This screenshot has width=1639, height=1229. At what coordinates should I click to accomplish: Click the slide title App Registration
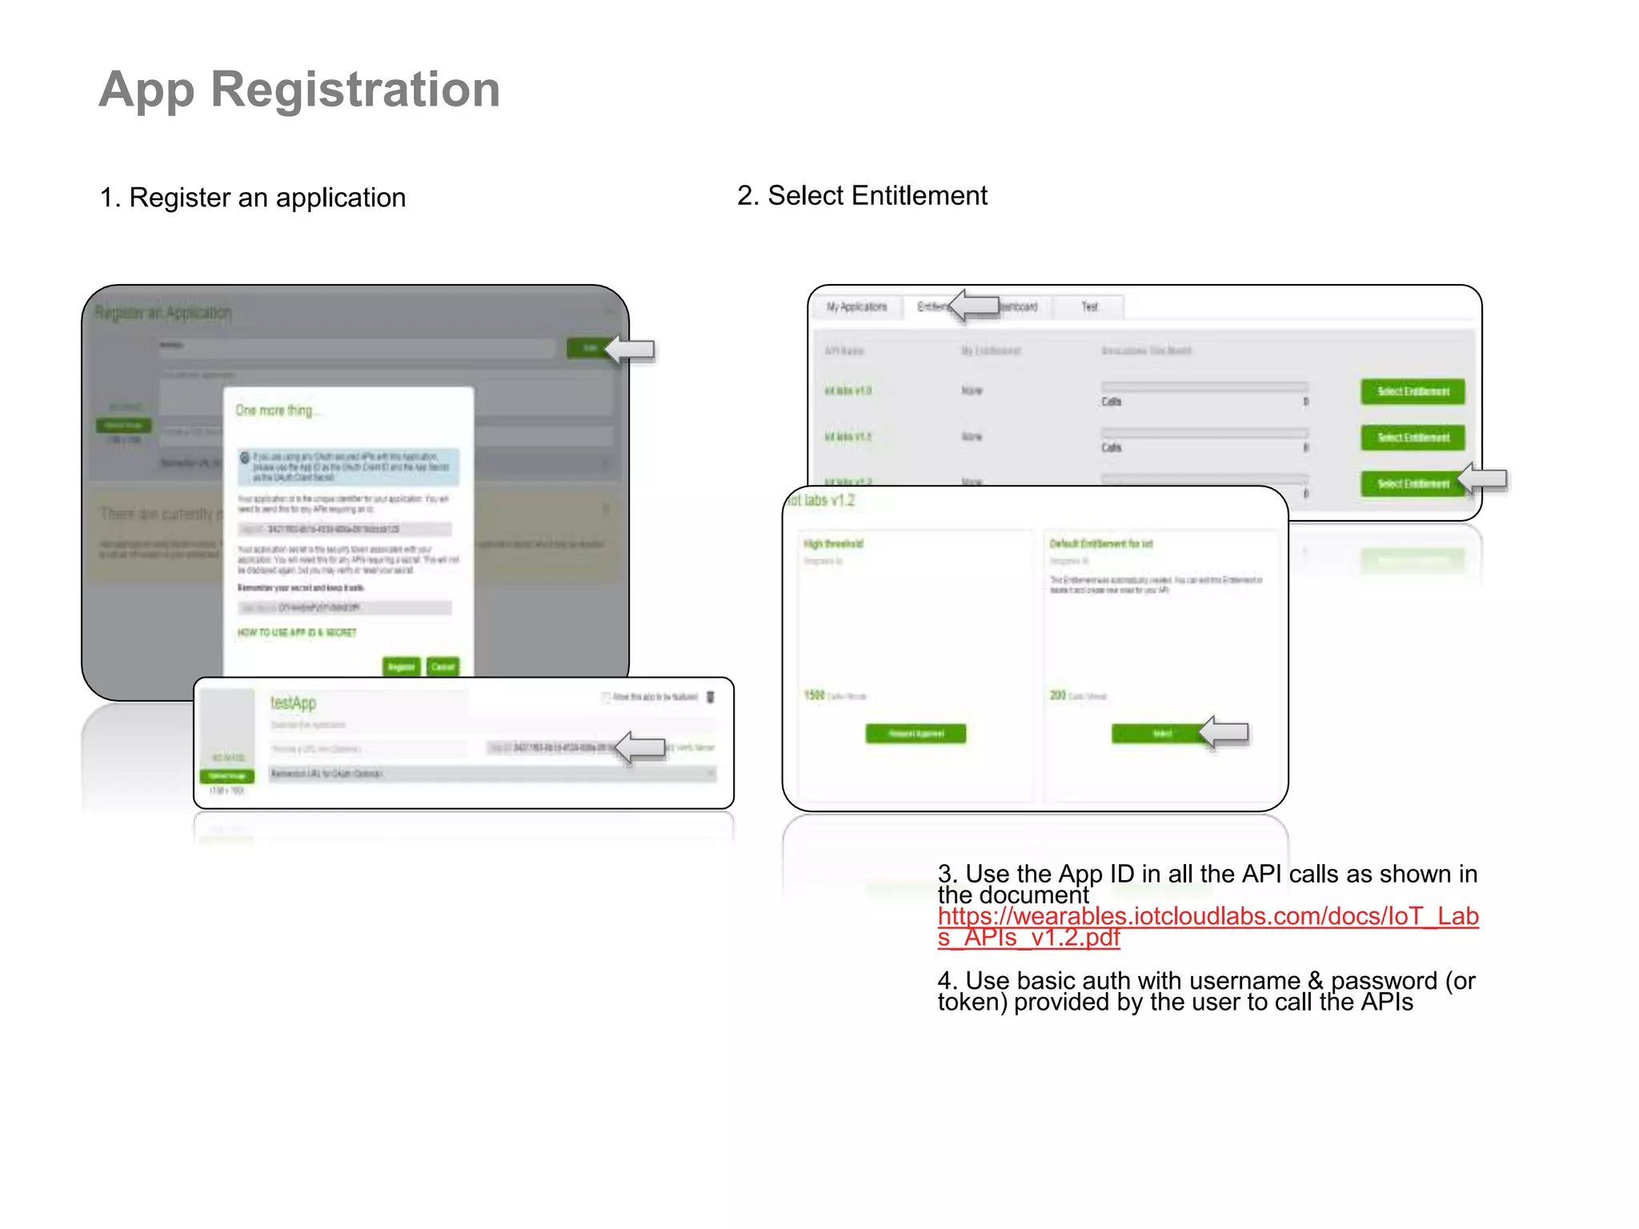[299, 89]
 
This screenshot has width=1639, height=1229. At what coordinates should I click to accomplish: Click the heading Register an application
[253, 198]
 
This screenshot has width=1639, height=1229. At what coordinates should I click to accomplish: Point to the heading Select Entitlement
[862, 195]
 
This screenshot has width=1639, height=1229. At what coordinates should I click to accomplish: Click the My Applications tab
[856, 306]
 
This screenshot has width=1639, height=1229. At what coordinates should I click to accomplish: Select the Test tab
[1089, 306]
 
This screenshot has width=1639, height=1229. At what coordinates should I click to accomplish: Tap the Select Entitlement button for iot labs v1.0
[1413, 391]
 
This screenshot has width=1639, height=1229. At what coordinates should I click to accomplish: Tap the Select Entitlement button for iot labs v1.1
[1413, 437]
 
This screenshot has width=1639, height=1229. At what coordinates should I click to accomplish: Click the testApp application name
[293, 703]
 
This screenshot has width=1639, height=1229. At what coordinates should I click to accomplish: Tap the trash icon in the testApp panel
[710, 697]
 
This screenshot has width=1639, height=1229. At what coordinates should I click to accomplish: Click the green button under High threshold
[916, 733]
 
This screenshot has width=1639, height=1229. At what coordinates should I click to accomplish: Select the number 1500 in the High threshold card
[814, 695]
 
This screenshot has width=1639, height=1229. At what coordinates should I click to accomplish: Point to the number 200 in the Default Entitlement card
[1057, 695]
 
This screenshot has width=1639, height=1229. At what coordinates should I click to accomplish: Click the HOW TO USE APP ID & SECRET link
[297, 632]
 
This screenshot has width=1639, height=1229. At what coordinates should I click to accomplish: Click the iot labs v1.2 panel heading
[822, 501]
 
